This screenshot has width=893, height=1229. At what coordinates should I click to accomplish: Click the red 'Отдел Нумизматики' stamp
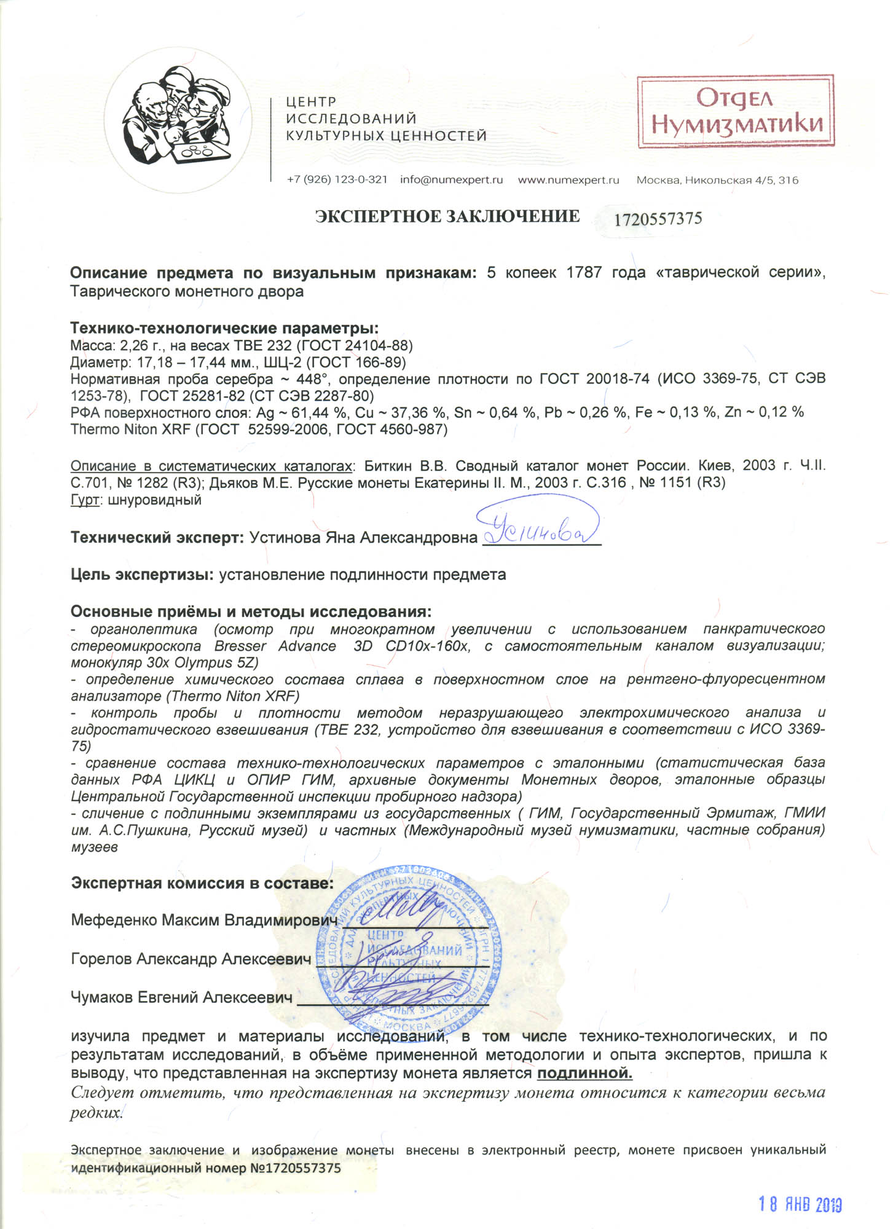tap(736, 112)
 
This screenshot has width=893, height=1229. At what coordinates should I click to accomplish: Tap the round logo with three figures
tap(178, 119)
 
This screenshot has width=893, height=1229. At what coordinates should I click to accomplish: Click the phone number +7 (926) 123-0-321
tap(337, 180)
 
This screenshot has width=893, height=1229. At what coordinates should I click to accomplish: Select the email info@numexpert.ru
tap(451, 180)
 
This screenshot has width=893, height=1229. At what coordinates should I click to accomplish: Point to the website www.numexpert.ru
tap(568, 180)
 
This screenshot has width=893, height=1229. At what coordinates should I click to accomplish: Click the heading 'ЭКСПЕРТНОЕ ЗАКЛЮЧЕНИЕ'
tap(447, 216)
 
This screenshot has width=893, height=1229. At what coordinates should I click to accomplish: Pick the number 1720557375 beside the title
tap(658, 219)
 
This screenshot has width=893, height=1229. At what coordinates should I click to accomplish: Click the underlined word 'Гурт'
tap(85, 500)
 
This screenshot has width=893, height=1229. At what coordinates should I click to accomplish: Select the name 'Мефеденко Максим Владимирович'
tap(204, 920)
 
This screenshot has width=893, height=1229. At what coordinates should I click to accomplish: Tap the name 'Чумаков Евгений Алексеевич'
tap(181, 997)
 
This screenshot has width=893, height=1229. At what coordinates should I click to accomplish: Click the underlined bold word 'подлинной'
tap(584, 1074)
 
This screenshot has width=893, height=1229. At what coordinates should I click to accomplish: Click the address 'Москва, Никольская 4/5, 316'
tap(717, 180)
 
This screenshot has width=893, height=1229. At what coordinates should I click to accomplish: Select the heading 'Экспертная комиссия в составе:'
tap(202, 883)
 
